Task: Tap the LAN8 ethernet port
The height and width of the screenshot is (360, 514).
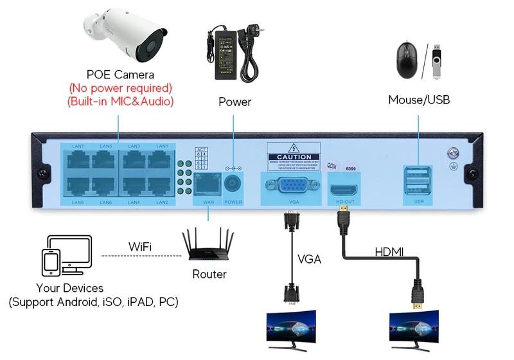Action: point(77,187)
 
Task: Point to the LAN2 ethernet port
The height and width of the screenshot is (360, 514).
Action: point(161,187)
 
